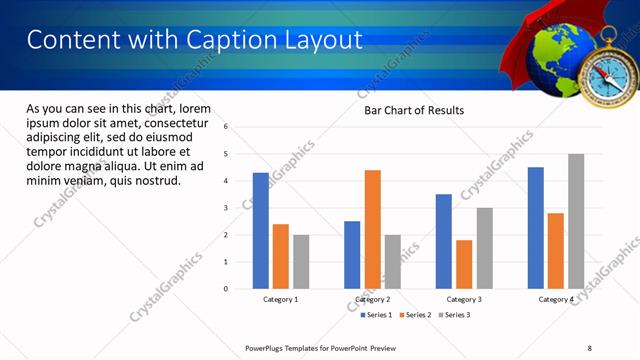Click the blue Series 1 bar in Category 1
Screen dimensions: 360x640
tap(261, 231)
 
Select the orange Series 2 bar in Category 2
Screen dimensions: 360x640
tap(372, 229)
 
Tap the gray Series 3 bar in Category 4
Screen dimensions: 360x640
tap(576, 221)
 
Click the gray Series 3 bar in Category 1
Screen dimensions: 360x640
tap(301, 262)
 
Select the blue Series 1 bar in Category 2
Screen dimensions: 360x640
tap(352, 255)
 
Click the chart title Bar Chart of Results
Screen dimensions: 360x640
tap(413, 110)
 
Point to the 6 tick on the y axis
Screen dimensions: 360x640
tap(227, 127)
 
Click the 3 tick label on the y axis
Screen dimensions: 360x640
tap(227, 208)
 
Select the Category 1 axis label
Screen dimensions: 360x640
tap(281, 299)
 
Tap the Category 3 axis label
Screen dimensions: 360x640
tap(464, 299)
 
